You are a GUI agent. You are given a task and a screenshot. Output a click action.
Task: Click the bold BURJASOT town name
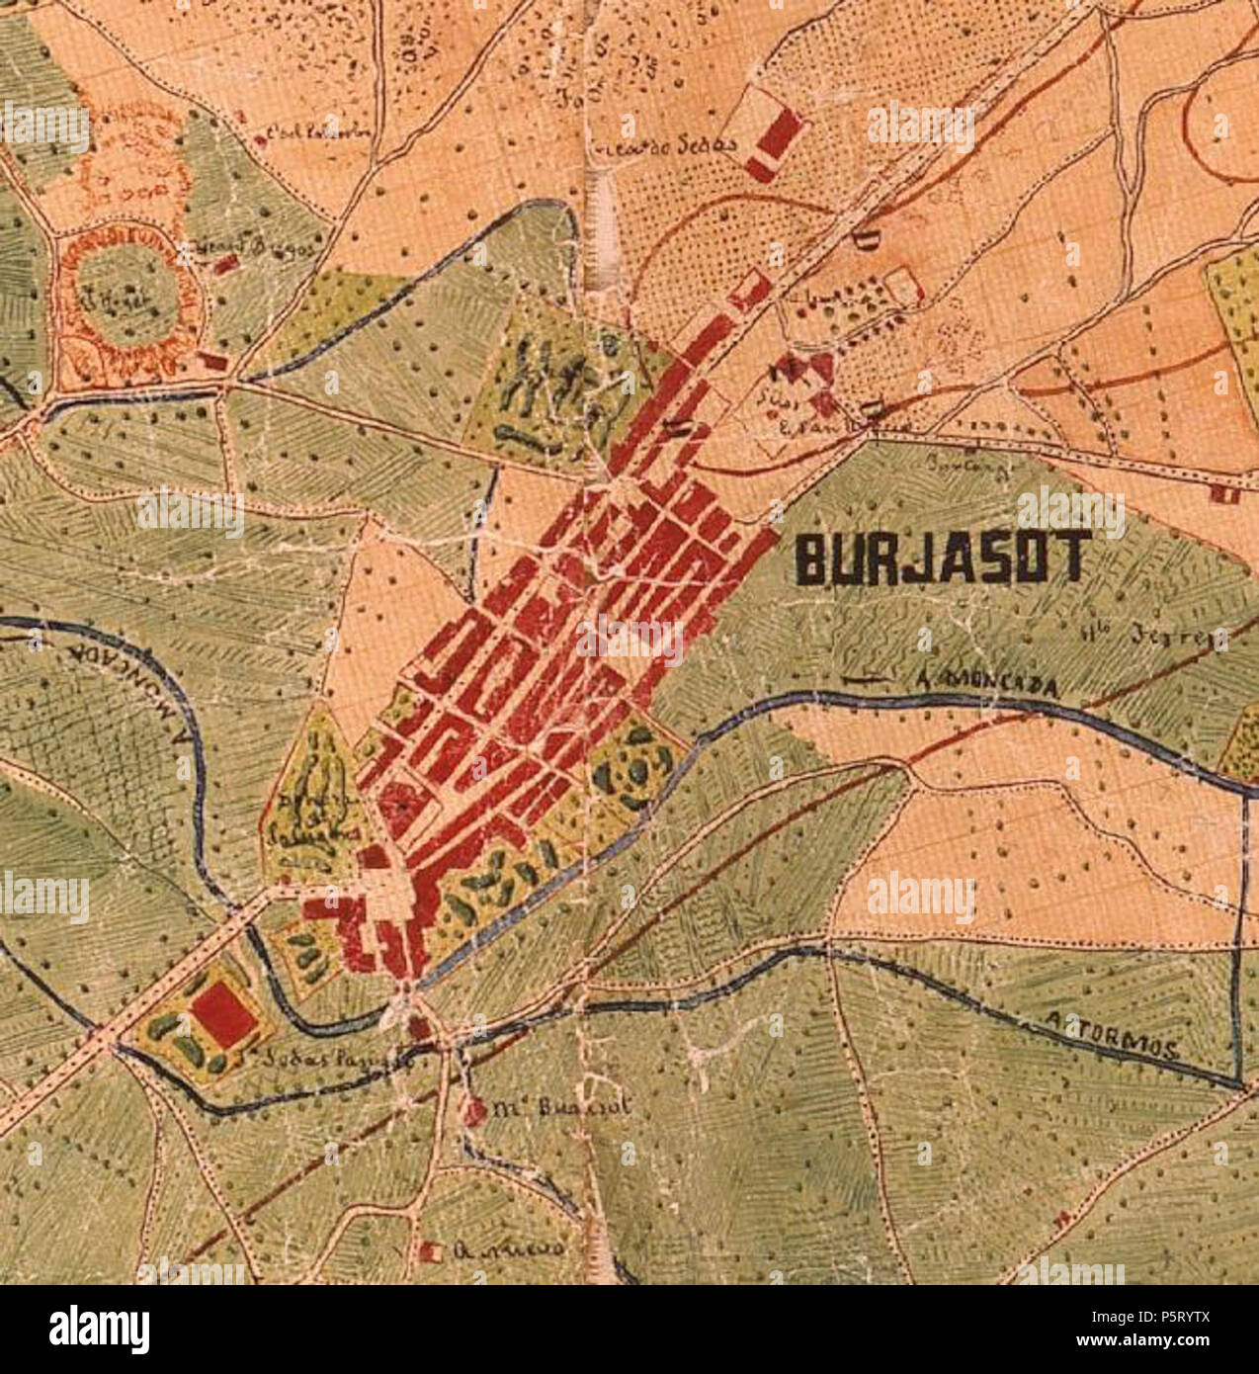943,558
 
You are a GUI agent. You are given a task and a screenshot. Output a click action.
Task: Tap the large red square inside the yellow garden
223,1015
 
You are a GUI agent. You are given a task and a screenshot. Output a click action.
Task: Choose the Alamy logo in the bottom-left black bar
99,1329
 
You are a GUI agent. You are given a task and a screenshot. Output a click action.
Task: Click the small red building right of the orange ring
225,264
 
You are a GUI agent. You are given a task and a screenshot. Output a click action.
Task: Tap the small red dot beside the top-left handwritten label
260,140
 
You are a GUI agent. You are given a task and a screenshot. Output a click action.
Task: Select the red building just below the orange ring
211,362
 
